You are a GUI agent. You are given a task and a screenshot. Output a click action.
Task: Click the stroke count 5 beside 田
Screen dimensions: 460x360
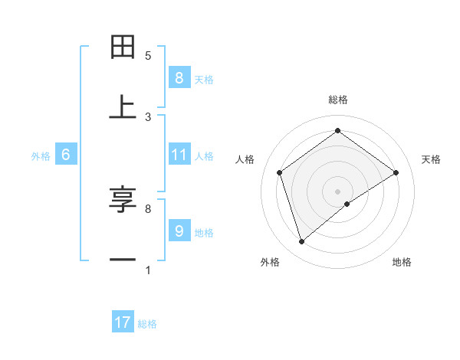148,56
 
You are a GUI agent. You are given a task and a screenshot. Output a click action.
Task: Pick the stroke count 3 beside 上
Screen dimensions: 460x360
148,117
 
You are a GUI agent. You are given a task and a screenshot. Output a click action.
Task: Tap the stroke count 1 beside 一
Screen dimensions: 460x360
148,270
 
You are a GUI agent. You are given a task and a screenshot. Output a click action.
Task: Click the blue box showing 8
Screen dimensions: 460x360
179,77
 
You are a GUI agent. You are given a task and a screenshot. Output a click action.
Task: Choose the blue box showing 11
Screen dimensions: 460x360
179,155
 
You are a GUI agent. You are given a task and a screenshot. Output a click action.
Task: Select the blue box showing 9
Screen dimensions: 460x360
179,231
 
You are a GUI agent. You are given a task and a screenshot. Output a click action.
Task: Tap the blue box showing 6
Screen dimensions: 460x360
66,155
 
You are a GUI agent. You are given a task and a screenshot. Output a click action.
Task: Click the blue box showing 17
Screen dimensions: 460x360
123,322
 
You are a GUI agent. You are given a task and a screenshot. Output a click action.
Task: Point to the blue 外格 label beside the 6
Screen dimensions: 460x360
41,156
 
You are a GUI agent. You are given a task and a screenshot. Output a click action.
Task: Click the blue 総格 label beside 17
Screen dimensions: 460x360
147,324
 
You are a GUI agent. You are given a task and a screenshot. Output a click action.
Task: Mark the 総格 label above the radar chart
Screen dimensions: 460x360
338,100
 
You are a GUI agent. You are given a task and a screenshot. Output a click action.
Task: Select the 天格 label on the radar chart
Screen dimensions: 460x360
432,159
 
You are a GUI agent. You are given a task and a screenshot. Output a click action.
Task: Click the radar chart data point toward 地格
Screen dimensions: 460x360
347,204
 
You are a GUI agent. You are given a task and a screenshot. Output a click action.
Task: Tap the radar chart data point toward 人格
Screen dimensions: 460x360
280,172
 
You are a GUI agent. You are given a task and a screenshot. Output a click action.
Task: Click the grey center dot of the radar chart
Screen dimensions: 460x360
338,191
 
